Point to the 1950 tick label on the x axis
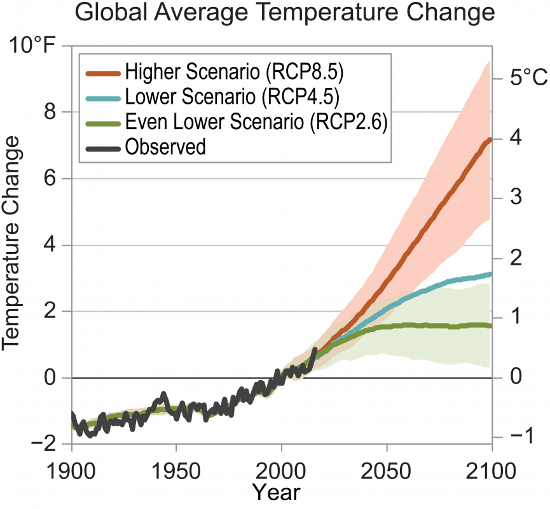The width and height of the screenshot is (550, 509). pyautogui.click(x=176, y=473)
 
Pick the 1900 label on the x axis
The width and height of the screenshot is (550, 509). pyautogui.click(x=72, y=473)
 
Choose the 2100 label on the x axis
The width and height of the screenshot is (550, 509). pyautogui.click(x=490, y=473)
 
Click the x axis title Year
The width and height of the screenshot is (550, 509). pyautogui.click(x=275, y=492)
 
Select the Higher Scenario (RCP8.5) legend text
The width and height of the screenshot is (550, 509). pyautogui.click(x=235, y=71)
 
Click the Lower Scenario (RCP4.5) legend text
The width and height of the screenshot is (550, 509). pyautogui.click(x=232, y=97)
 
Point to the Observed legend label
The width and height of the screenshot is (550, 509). pyautogui.click(x=165, y=147)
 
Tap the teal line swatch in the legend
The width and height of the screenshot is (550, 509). pyautogui.click(x=102, y=97)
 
